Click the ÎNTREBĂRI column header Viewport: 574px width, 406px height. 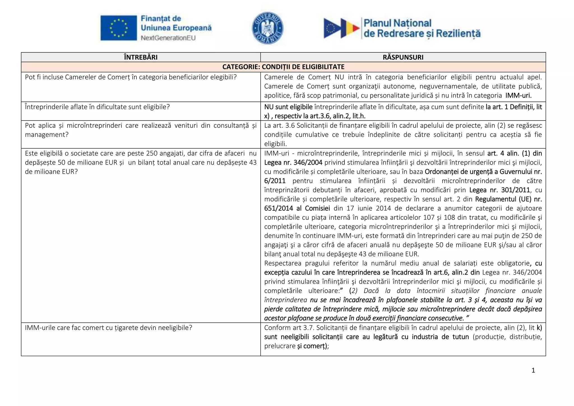[141, 57]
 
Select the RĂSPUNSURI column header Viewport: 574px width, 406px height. [403, 57]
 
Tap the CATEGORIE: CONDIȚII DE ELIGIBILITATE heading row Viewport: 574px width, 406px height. [283, 67]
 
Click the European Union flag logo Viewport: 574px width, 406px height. [119, 28]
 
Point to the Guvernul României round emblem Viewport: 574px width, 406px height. [268, 28]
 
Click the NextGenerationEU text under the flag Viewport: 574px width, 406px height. [168, 38]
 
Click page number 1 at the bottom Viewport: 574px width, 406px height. [533, 370]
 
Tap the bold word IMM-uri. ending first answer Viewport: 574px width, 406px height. [518, 95]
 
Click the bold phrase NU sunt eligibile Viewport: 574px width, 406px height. [288, 107]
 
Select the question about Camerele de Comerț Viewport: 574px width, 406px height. [131, 77]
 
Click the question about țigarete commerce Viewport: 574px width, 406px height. [108, 327]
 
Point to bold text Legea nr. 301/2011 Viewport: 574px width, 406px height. [499, 190]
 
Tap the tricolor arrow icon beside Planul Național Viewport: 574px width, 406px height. [341, 28]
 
